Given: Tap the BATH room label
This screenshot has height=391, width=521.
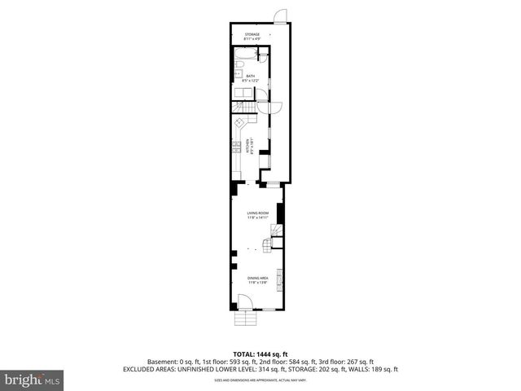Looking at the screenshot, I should [x=250, y=78].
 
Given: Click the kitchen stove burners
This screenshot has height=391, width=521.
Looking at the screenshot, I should [x=235, y=147].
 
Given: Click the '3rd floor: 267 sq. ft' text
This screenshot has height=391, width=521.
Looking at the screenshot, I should [x=349, y=362].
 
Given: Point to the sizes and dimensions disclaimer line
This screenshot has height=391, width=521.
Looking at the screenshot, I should [x=260, y=380].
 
